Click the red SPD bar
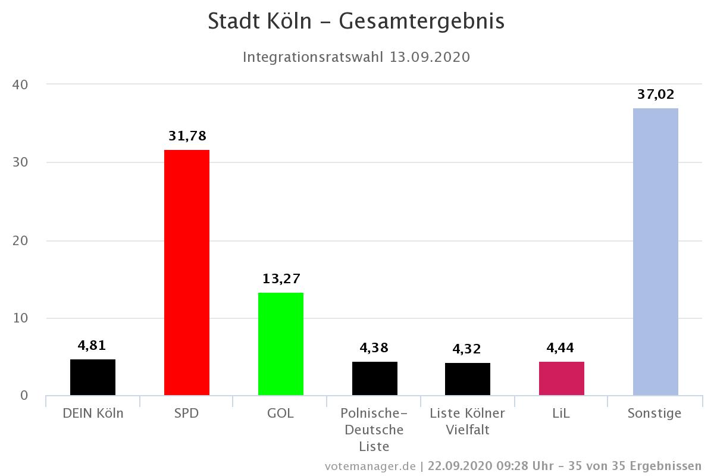[x=187, y=273]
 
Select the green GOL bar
[x=281, y=344]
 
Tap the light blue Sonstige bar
[x=656, y=252]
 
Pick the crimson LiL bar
[x=562, y=378]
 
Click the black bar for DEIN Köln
[x=93, y=377]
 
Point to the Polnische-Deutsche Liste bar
[x=375, y=378]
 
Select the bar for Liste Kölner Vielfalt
[x=468, y=379]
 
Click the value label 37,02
[x=656, y=94]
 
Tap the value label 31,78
[x=187, y=136]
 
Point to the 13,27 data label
[x=281, y=278]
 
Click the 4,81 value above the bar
[x=93, y=345]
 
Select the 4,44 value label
[x=562, y=347]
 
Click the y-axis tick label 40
[x=21, y=84]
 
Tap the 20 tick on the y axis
[x=21, y=240]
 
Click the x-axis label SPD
[x=187, y=413]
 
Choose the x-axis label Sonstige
[x=654, y=413]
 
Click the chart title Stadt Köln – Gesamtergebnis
[x=356, y=21]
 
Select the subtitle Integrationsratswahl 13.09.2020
[x=356, y=57]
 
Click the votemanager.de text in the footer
[x=370, y=465]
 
